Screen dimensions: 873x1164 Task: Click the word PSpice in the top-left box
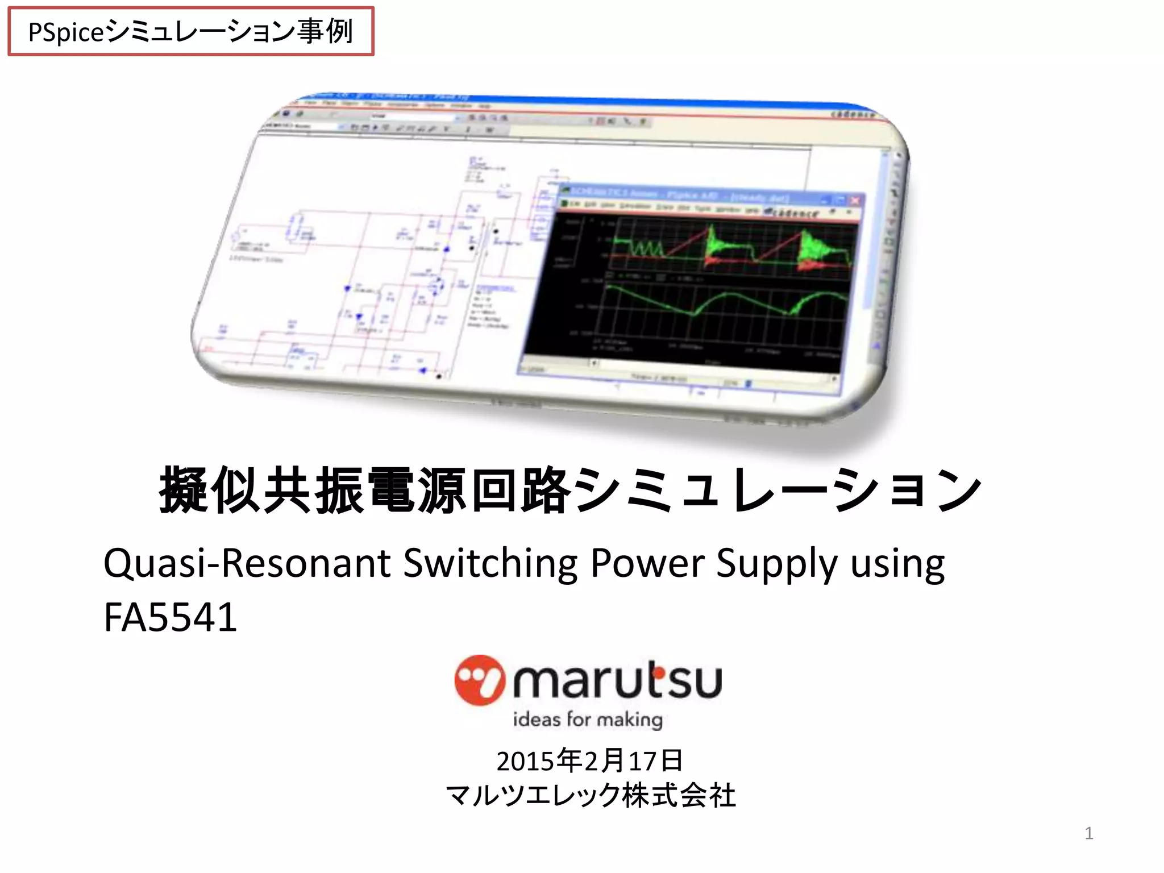(x=66, y=32)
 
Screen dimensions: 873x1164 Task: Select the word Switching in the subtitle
(x=490, y=563)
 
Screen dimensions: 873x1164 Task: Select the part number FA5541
(x=170, y=617)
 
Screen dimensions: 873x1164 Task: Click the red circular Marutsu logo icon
(x=479, y=680)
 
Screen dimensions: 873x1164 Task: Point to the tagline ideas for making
(x=588, y=720)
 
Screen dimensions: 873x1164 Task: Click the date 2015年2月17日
(x=589, y=760)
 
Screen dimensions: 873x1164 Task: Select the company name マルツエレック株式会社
(x=591, y=795)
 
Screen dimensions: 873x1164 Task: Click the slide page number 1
(x=1088, y=833)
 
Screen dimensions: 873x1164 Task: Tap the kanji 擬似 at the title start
(x=210, y=490)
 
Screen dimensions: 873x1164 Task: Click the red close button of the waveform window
(x=854, y=201)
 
